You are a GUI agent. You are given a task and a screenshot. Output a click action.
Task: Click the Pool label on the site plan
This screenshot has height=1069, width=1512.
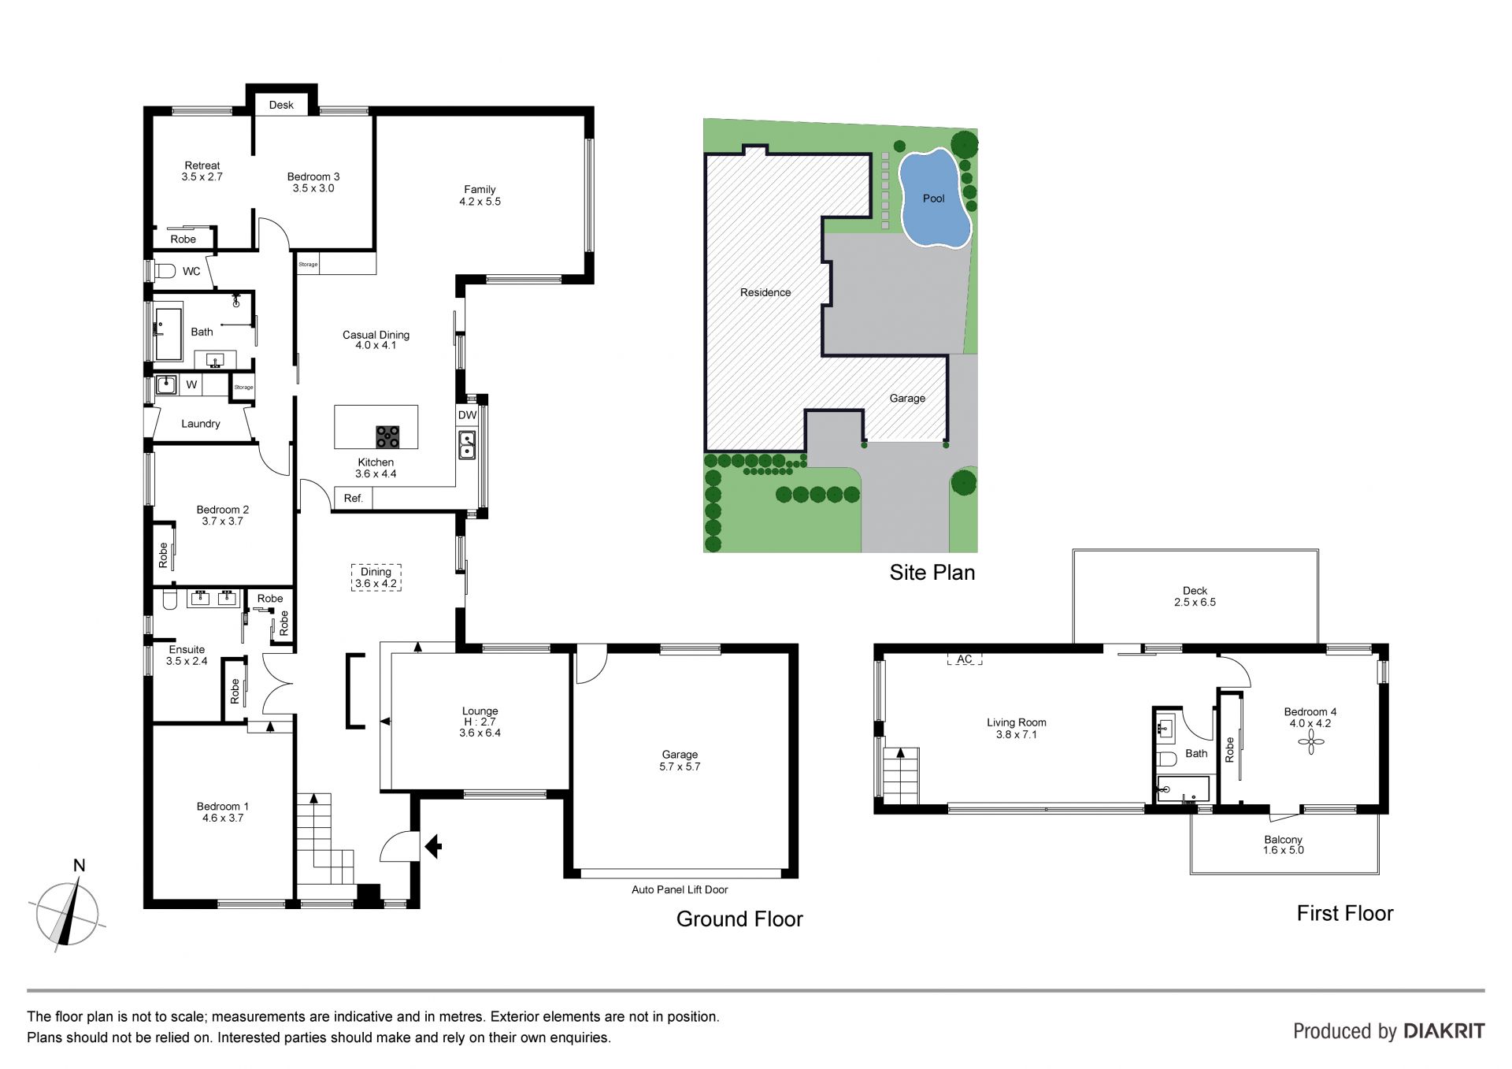[933, 199]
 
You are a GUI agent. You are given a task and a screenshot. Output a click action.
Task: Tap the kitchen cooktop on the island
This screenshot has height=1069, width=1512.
[387, 436]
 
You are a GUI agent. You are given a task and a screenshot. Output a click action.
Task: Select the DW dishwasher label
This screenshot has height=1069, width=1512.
[467, 415]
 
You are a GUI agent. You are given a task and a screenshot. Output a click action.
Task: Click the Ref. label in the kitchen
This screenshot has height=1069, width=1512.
[354, 498]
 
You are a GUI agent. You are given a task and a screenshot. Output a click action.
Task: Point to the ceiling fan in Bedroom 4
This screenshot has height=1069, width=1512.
[1310, 741]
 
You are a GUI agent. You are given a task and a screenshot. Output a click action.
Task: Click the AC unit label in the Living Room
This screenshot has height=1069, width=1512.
[965, 659]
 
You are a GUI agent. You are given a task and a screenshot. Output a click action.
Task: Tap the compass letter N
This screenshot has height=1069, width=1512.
[79, 866]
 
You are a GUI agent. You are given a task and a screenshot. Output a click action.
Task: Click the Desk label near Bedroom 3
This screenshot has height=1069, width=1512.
[281, 105]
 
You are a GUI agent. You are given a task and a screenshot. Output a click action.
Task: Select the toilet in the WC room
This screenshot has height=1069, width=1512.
[165, 271]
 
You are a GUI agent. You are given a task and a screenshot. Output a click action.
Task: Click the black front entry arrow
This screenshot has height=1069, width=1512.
[433, 847]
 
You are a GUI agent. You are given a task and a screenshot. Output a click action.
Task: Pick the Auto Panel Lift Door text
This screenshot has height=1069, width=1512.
[680, 889]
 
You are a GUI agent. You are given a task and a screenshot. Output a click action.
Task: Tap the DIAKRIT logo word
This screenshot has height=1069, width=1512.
[1444, 1031]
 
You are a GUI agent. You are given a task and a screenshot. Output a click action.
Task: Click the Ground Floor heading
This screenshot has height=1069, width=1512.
[739, 919]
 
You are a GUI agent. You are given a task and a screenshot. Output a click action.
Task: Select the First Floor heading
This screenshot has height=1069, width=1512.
[1345, 914]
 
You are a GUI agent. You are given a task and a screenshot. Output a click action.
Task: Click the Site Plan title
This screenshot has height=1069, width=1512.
[932, 573]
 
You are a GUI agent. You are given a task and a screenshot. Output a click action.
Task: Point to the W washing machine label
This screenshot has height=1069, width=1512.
[191, 385]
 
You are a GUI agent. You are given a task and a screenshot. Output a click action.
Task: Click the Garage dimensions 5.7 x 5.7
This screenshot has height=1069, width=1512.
[680, 766]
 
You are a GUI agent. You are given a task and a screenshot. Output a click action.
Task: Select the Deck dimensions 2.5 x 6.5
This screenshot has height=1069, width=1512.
[1195, 603]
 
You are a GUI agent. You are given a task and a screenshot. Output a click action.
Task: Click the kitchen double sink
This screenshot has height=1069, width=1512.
[467, 445]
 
